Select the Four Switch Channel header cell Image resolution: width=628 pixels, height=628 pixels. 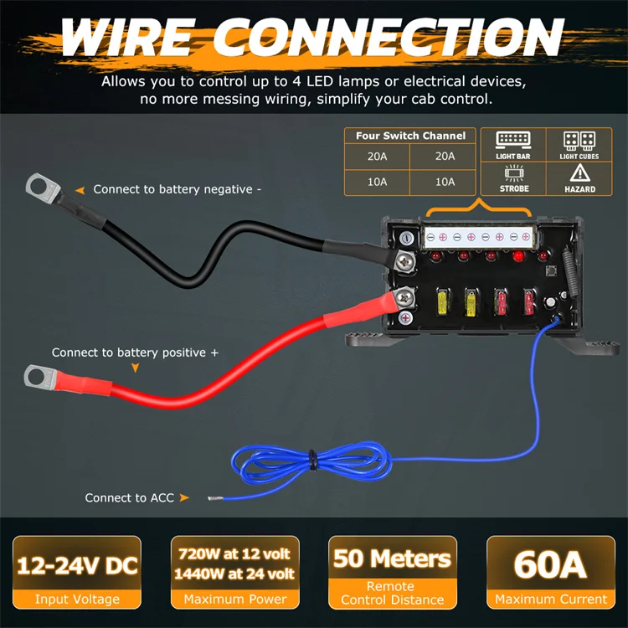(410, 136)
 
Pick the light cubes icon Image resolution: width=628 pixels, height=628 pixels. (579, 140)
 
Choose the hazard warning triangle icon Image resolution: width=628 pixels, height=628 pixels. (579, 173)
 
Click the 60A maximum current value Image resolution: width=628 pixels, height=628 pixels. (550, 565)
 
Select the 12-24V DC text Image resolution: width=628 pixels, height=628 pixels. (76, 565)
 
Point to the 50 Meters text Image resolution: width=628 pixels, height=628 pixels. (392, 558)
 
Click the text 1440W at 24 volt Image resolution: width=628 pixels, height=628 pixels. (234, 574)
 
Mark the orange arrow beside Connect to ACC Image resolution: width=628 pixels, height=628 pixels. (184, 498)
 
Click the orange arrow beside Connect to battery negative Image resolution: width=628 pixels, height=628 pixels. (81, 190)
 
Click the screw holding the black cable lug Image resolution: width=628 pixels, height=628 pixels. (407, 261)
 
